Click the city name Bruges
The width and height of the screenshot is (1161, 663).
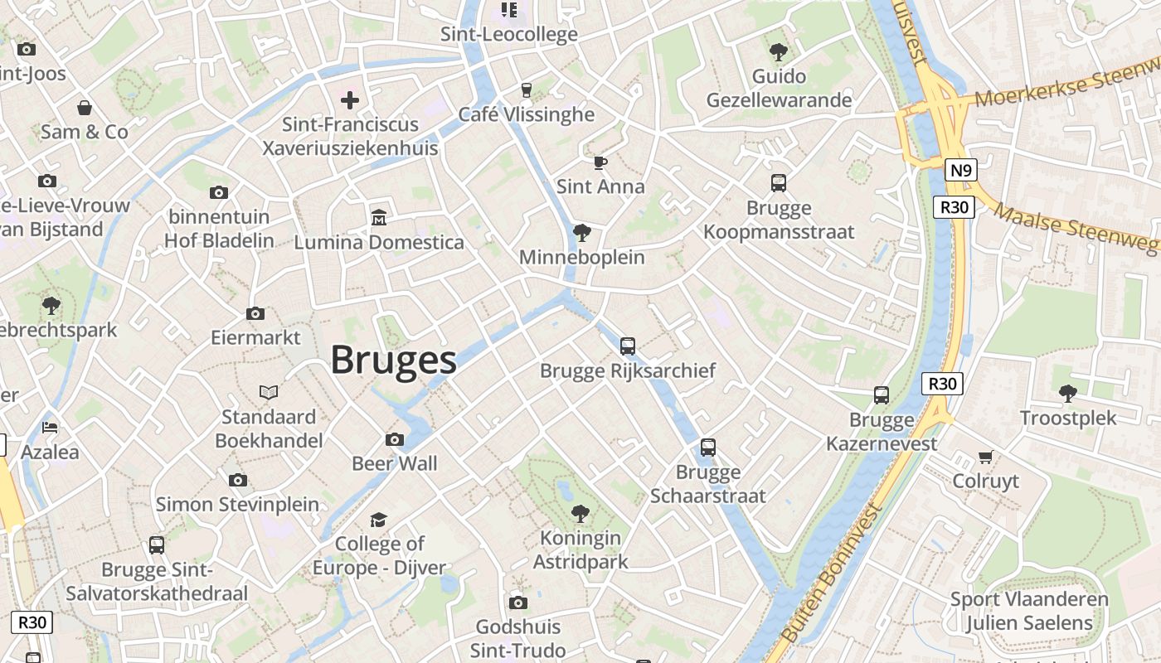click(394, 361)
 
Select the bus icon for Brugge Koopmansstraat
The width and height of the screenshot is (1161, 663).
click(779, 183)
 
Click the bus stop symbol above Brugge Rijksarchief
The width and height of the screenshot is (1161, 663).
click(628, 346)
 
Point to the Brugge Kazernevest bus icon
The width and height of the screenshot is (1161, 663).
click(882, 395)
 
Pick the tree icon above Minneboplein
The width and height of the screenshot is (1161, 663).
click(582, 232)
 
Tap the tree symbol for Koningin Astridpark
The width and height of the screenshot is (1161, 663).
click(580, 513)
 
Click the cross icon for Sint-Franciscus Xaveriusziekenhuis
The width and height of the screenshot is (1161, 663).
click(350, 100)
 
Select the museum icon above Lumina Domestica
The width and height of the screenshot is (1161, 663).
click(379, 217)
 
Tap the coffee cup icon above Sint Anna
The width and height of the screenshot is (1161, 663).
click(600, 162)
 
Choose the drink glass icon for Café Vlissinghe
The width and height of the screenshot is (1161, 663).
click(526, 90)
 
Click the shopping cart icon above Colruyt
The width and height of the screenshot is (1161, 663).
click(985, 457)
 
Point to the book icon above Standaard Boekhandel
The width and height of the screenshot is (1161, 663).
click(269, 392)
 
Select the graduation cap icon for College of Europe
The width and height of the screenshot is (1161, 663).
click(379, 520)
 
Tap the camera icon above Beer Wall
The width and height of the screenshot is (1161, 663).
click(395, 439)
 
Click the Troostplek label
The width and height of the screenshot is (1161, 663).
click(1068, 418)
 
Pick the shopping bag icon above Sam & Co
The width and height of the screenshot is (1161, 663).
click(85, 108)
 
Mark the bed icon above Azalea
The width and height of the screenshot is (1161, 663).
click(50, 428)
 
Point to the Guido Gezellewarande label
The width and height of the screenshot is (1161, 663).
click(779, 88)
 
